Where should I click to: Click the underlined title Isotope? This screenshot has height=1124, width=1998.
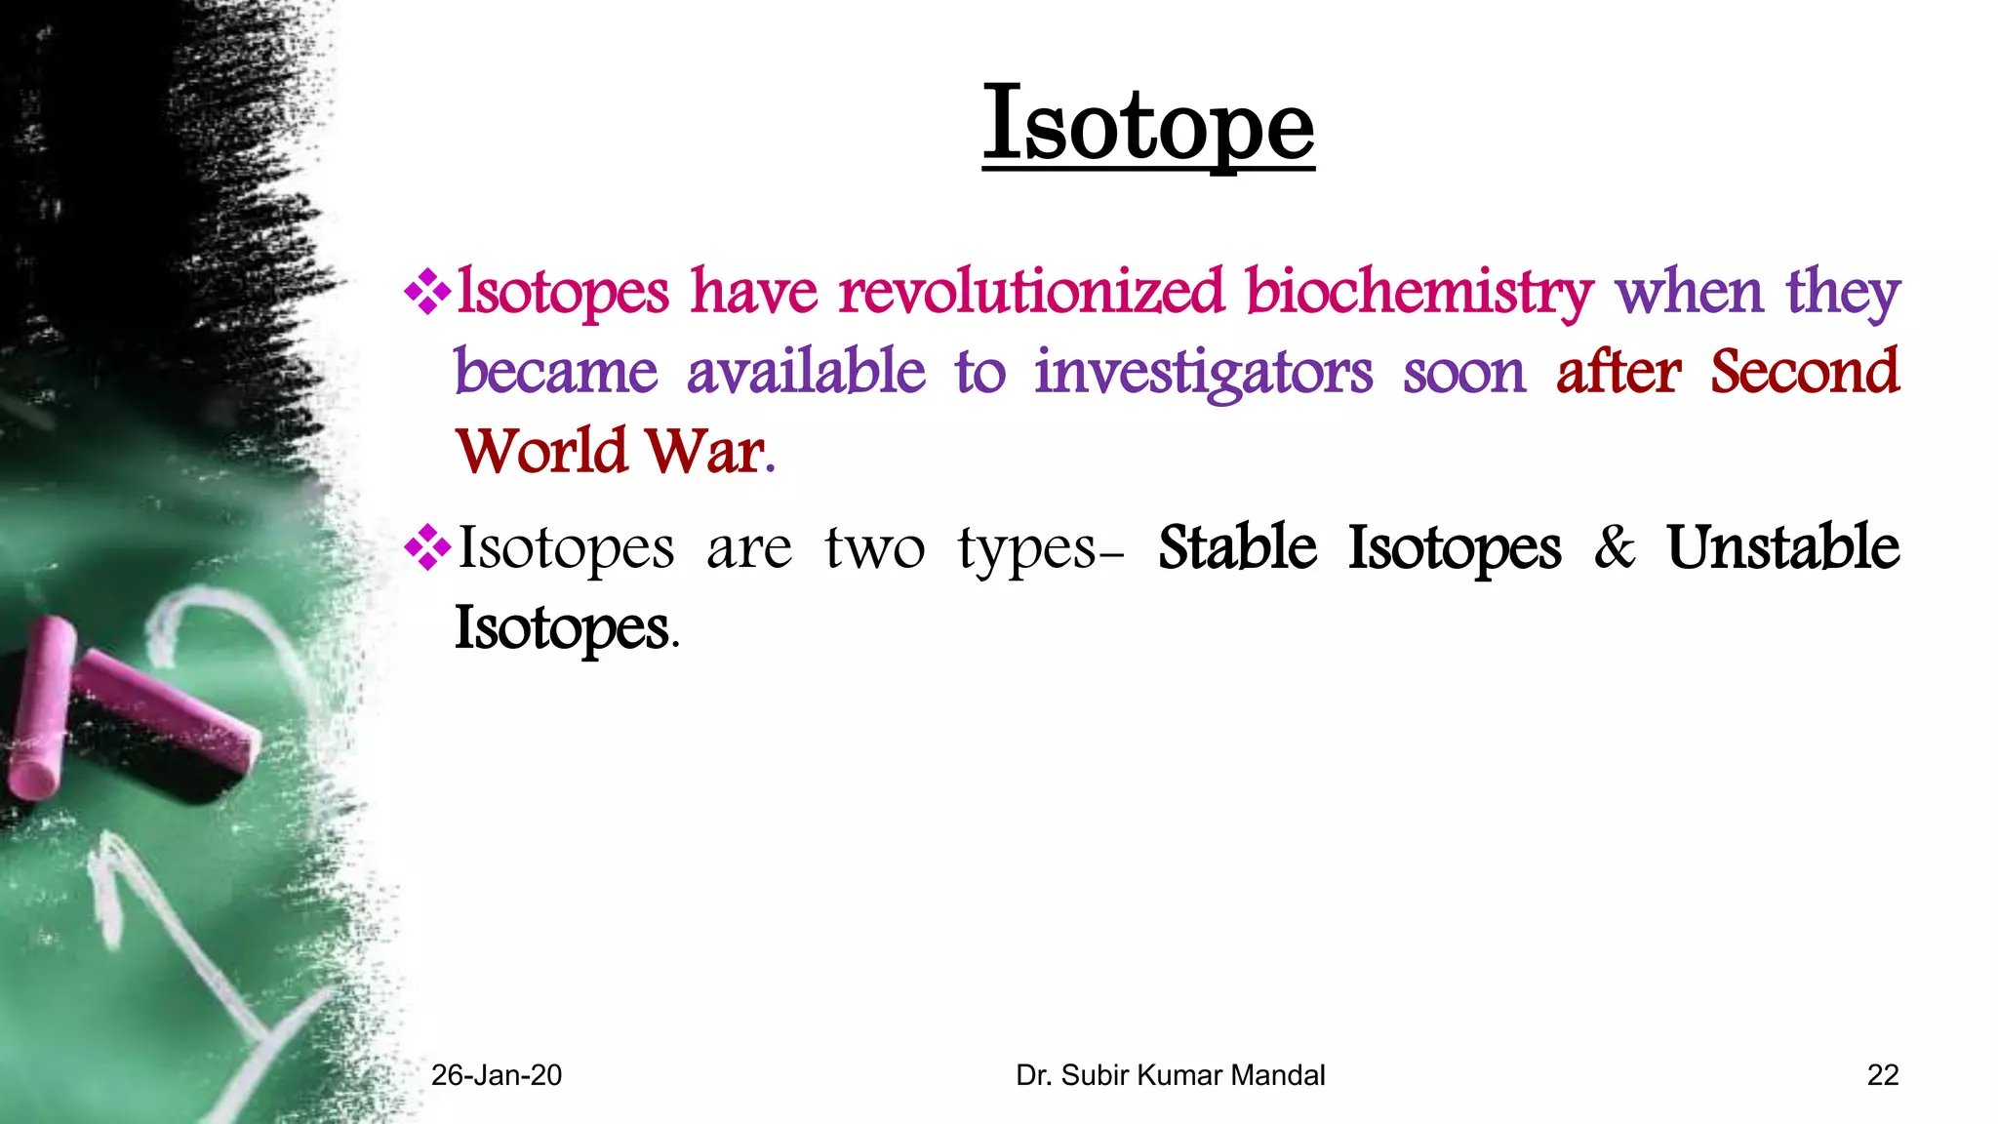tap(1148, 126)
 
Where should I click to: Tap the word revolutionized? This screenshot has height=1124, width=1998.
tap(1031, 292)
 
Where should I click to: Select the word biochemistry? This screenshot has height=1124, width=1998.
tap(1419, 292)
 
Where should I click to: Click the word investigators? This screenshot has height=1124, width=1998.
tap(1204, 373)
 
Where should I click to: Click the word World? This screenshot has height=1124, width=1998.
tap(541, 452)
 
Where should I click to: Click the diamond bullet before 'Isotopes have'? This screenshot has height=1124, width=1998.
tap(427, 292)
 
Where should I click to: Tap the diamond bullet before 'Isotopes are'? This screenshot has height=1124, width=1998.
tap(427, 547)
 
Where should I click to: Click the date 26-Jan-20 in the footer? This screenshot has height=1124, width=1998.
tap(497, 1075)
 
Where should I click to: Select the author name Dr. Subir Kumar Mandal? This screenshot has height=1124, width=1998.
tap(1170, 1075)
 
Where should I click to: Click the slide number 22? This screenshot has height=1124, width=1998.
tap(1882, 1075)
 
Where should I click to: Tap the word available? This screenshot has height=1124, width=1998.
tap(806, 373)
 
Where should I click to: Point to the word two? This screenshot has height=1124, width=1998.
tap(874, 549)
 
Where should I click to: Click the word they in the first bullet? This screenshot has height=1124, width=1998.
tap(1843, 292)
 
